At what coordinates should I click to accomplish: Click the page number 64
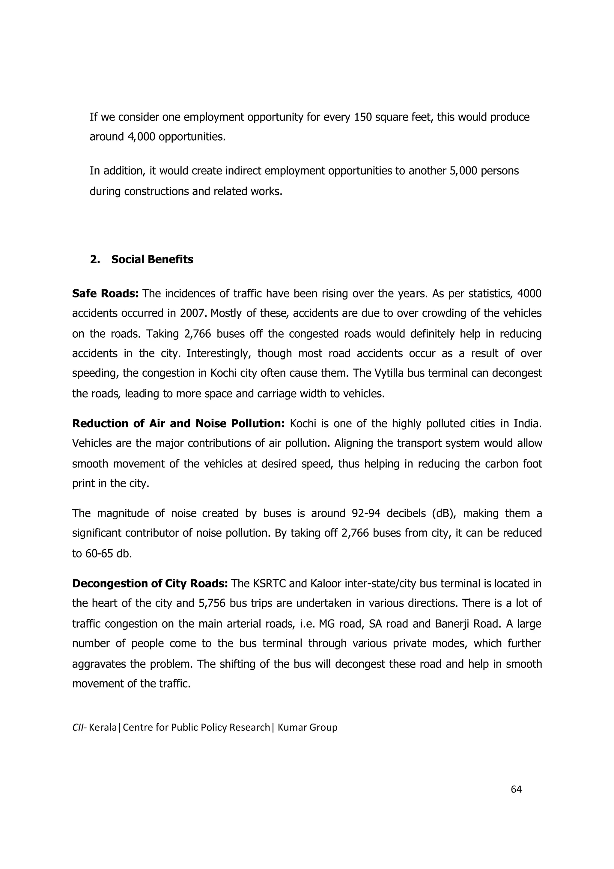pyautogui.click(x=516, y=789)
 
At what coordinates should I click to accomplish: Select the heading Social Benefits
pyautogui.click(x=152, y=259)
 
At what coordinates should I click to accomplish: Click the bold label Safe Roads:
pyautogui.click(x=105, y=293)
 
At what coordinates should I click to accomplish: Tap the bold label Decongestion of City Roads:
pyautogui.click(x=150, y=584)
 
